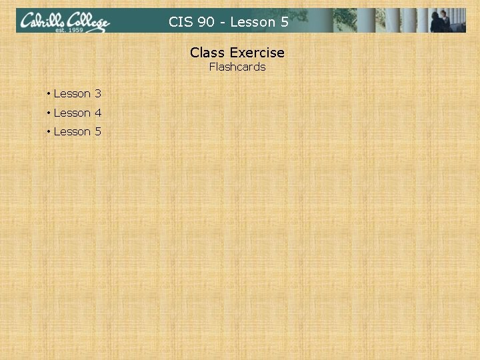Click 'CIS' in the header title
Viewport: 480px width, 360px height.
click(180, 22)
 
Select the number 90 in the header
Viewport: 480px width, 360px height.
click(206, 22)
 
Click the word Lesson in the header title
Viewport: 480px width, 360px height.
click(252, 22)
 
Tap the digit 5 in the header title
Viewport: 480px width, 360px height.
click(285, 22)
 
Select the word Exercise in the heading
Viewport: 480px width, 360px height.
click(257, 52)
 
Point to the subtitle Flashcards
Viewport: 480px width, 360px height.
click(237, 67)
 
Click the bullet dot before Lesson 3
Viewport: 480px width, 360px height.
click(49, 93)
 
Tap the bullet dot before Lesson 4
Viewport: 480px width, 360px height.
click(49, 113)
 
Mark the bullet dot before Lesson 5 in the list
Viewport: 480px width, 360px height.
click(49, 131)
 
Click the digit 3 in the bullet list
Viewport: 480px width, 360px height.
click(98, 93)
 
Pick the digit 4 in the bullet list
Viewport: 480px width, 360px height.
click(98, 113)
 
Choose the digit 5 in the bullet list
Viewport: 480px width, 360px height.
click(98, 131)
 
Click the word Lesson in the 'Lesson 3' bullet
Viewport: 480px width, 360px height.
click(72, 93)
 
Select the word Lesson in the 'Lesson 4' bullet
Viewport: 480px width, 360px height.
click(72, 113)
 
